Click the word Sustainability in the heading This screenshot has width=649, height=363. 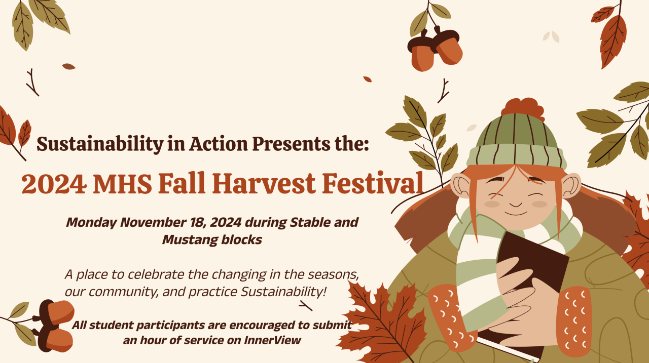(100, 144)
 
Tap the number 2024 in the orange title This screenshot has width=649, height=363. (54, 183)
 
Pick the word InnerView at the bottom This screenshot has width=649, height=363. (272, 340)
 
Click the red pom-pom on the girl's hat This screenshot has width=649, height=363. (523, 109)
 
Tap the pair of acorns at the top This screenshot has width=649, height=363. (435, 49)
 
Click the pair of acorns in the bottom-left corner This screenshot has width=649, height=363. (54, 326)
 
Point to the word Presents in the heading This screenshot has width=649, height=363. (291, 144)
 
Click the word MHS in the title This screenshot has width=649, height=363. (123, 183)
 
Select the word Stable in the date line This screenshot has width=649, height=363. (310, 222)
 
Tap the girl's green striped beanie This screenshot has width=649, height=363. (516, 142)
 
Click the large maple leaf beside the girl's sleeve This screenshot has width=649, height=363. (382, 321)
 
